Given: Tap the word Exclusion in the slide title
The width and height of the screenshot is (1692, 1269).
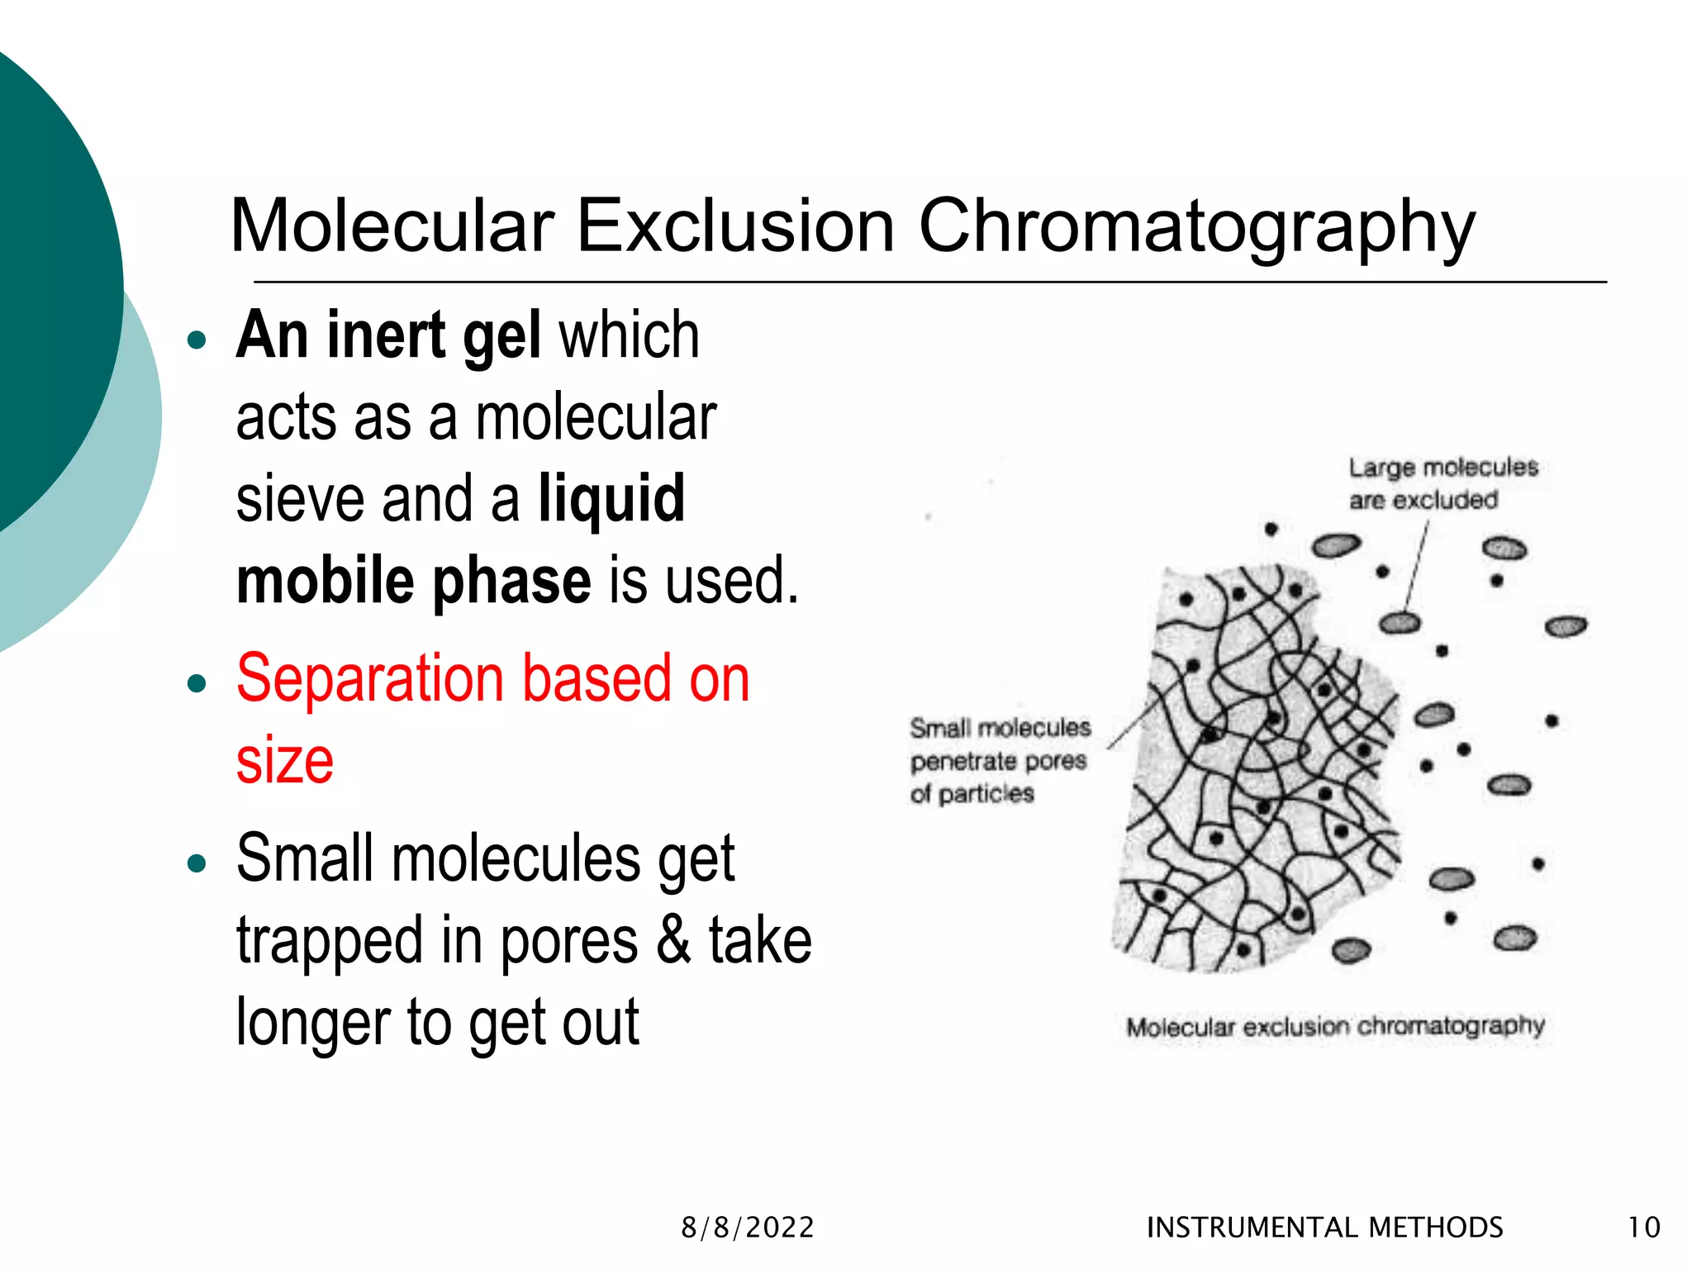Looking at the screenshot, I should pos(735,226).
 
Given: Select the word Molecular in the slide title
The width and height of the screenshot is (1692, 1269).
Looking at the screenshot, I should pos(392,226).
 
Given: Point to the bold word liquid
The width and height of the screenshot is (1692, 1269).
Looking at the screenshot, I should pos(611,499).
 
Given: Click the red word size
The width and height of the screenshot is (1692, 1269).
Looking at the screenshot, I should pos(285,760).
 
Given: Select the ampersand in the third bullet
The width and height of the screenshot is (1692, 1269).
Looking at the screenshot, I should pos(673,940).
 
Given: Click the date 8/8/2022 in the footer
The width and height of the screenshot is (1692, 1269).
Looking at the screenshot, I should pos(748,1228).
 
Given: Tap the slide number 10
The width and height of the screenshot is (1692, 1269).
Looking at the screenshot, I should pos(1644,1228).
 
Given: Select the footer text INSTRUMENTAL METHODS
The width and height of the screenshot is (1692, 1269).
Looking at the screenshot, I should pos(1325,1228).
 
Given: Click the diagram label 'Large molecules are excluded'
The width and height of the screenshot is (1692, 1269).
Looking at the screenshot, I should pos(1442,483).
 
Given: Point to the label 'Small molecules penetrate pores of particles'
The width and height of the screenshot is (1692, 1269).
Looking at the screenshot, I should pos(1000,761).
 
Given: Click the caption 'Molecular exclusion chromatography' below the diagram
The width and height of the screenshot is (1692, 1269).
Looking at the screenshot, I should pos(1335,1027).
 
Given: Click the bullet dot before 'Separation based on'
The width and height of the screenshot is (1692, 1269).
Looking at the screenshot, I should pos(197,683).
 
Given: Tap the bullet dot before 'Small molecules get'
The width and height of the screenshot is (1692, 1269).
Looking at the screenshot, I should pos(197,864).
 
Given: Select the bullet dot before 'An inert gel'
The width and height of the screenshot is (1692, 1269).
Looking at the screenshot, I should pos(197,340).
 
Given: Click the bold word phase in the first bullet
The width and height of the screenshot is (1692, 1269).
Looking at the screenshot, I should pos(512,581).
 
